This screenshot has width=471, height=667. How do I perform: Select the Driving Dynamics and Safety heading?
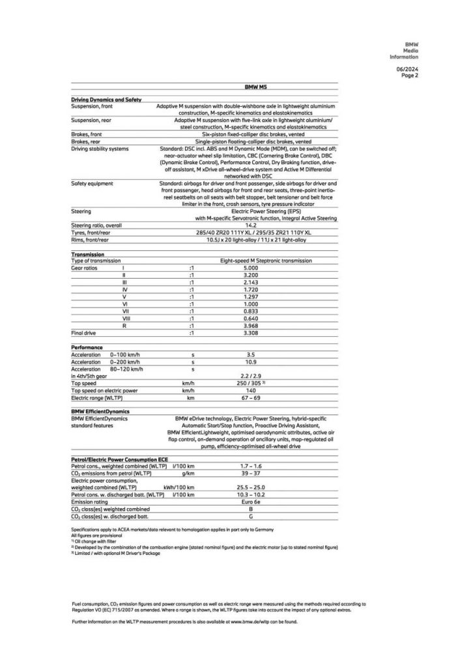pos(106,98)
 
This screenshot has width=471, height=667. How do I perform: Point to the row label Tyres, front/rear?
pos(93,233)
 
